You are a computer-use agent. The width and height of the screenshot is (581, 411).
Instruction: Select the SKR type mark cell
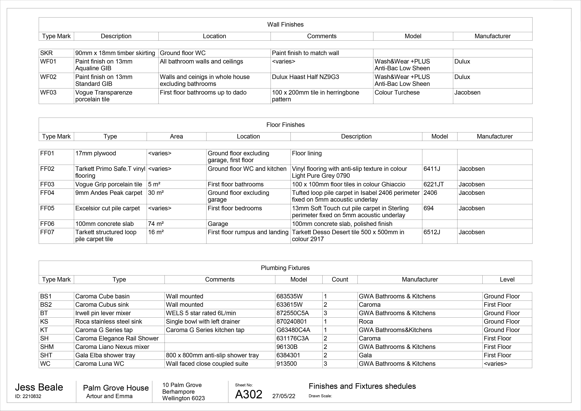47,53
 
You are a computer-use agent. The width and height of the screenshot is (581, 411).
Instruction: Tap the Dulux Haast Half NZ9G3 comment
305,77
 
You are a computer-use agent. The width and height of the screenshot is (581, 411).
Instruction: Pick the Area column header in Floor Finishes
176,136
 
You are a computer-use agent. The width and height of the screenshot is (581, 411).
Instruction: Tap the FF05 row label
47,208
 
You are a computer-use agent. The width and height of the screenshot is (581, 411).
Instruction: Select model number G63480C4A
293,330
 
